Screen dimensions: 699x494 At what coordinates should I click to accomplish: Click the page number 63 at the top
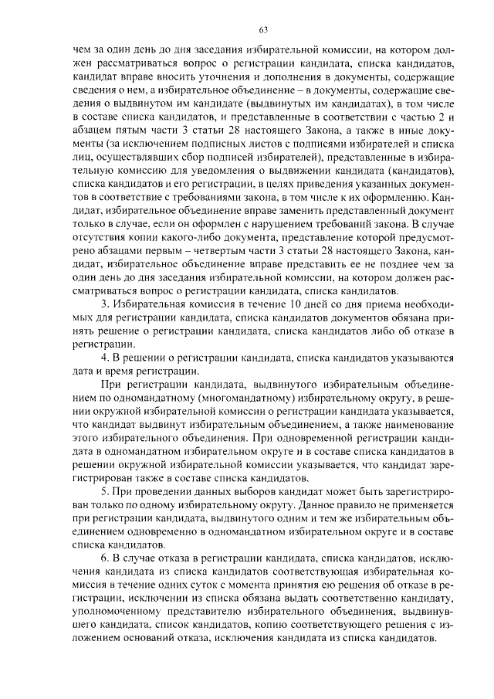tap(262, 30)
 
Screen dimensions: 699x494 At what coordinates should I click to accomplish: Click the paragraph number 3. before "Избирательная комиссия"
tap(106, 305)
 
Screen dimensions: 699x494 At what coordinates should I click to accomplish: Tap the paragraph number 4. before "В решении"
tap(106, 358)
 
